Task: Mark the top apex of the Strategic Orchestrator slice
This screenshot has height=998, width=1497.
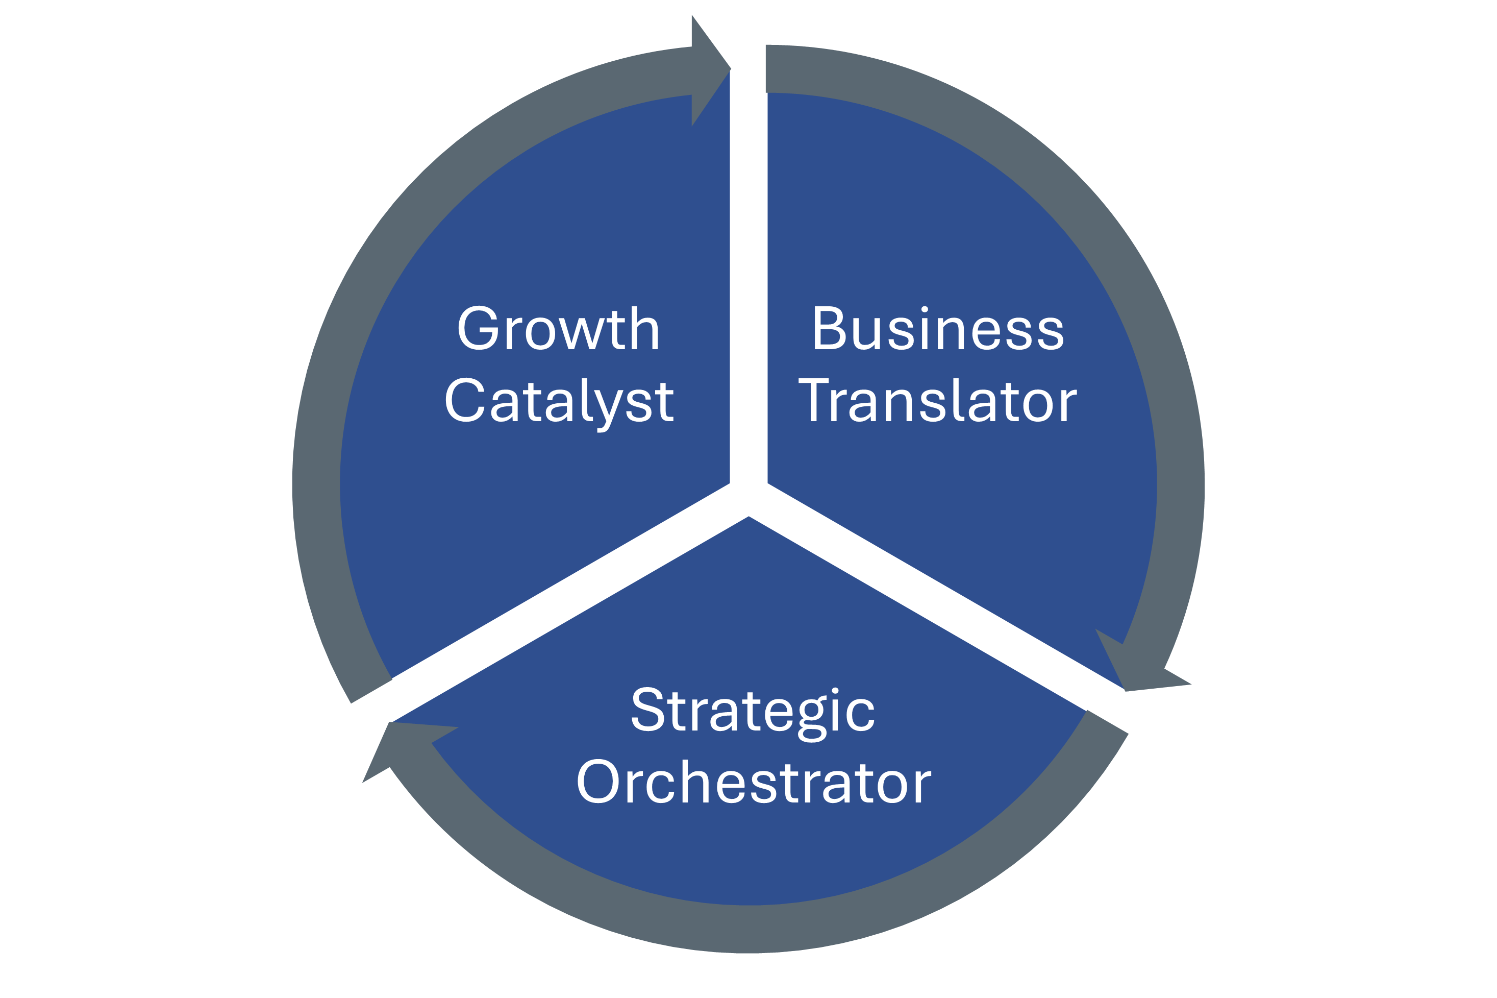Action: pos(749,517)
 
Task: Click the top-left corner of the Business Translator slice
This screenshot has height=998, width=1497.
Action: pos(768,93)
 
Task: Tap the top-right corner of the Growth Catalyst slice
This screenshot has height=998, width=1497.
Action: pos(729,70)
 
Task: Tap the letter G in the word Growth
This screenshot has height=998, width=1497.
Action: pos(477,328)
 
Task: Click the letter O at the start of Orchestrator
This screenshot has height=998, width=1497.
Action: pos(598,781)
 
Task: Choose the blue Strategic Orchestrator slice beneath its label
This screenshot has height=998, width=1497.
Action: pos(751,853)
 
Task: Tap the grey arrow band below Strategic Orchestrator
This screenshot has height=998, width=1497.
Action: pos(751,929)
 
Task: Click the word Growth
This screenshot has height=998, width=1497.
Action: pos(558,328)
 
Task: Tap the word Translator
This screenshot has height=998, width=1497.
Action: pos(938,400)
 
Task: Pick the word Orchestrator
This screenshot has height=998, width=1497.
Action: pos(755,781)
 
